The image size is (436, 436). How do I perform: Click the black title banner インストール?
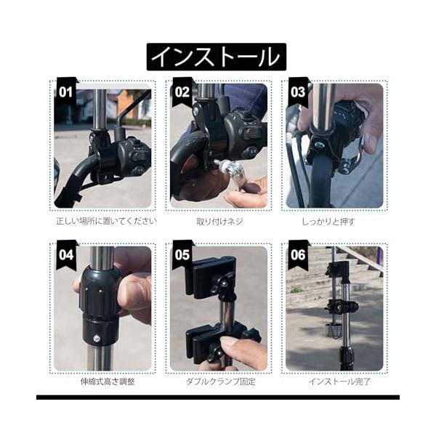[x=217, y=57]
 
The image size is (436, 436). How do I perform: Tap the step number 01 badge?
[x=66, y=92]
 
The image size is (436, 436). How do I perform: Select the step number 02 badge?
[x=182, y=92]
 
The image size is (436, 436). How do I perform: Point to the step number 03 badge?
[x=298, y=92]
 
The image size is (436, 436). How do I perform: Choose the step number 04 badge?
[x=66, y=255]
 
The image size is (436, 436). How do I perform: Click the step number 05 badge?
[x=182, y=255]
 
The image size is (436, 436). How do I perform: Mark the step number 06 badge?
[x=298, y=255]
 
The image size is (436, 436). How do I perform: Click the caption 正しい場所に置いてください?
[x=107, y=222]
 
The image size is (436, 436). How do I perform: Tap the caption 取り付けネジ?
[x=219, y=222]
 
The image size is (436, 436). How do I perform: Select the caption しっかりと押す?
[x=328, y=222]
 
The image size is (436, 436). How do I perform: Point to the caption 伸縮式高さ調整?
[x=108, y=381]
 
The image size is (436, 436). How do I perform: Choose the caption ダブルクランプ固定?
[x=221, y=381]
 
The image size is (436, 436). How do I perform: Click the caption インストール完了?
[x=339, y=381]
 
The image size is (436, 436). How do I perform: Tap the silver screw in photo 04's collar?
[x=97, y=339]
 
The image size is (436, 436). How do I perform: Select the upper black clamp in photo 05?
[x=213, y=278]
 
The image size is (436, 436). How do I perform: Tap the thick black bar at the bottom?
[x=218, y=397]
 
